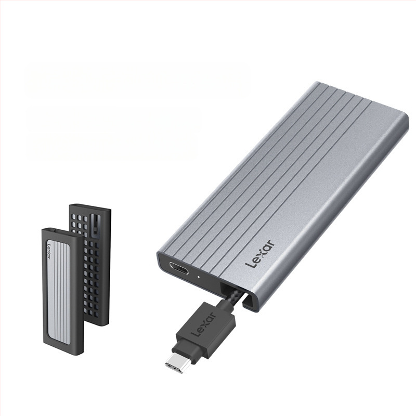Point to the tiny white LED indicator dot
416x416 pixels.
coord(199,277)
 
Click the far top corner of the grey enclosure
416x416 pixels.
coord(317,84)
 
